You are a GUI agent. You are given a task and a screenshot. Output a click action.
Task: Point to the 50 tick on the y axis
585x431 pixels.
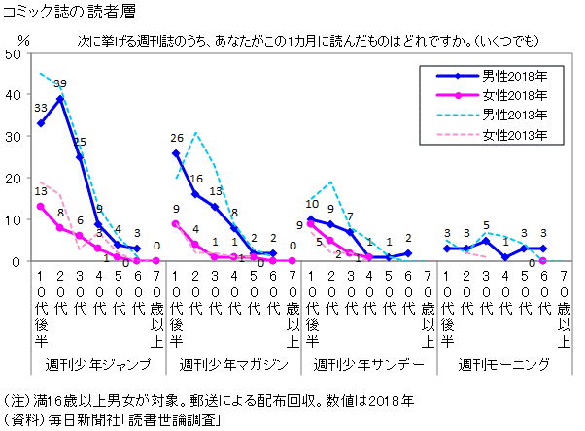13,54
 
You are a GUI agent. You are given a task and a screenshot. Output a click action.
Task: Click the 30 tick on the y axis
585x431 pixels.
13,137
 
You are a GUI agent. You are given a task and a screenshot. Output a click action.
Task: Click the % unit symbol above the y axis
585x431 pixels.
24,41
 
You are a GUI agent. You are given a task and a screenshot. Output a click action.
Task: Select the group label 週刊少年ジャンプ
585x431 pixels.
98,365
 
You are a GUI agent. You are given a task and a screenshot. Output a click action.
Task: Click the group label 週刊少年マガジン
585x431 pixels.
233,365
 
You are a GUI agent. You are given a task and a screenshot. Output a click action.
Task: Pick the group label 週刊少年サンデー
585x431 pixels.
368,365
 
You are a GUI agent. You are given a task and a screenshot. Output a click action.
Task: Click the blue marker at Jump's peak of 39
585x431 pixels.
60,99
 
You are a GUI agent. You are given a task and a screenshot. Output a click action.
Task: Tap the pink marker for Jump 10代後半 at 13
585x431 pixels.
41,207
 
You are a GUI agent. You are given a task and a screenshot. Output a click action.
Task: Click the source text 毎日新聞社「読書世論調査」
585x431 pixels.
146,419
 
